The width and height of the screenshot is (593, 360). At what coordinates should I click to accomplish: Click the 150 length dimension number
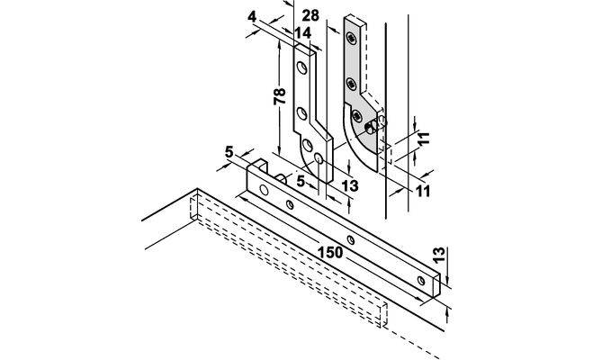330,253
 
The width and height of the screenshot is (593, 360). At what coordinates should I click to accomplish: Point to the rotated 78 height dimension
280,96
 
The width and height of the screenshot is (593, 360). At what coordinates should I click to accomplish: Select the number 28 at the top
310,15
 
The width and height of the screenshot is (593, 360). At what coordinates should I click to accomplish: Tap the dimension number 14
302,33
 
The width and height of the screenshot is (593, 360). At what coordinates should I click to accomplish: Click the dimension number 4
252,17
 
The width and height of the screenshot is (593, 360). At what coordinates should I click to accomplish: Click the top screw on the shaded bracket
352,38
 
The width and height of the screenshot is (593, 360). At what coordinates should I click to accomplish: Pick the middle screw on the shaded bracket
351,84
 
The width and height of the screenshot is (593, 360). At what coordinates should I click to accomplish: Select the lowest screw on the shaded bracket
357,115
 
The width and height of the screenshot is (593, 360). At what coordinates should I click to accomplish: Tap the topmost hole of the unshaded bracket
301,67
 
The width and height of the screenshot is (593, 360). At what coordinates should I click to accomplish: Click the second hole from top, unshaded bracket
301,113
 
